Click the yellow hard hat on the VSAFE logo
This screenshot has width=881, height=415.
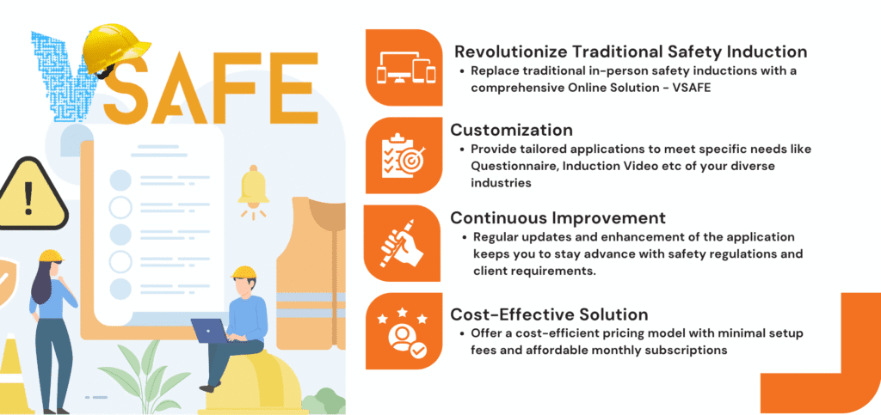click(115, 52)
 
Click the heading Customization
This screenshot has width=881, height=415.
click(511, 130)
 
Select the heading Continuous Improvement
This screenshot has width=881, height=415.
click(558, 217)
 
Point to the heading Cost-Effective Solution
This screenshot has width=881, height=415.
click(549, 314)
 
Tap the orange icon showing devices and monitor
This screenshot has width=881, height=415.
click(404, 67)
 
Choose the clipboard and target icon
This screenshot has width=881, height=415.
click(404, 156)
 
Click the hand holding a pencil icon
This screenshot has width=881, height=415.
click(403, 243)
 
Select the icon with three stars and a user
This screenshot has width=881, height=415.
click(404, 331)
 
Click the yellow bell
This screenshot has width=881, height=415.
click(254, 188)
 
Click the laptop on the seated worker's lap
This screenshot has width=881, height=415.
click(209, 330)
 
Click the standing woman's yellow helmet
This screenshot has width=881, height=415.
click(51, 256)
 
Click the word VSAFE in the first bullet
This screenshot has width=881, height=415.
click(693, 88)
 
